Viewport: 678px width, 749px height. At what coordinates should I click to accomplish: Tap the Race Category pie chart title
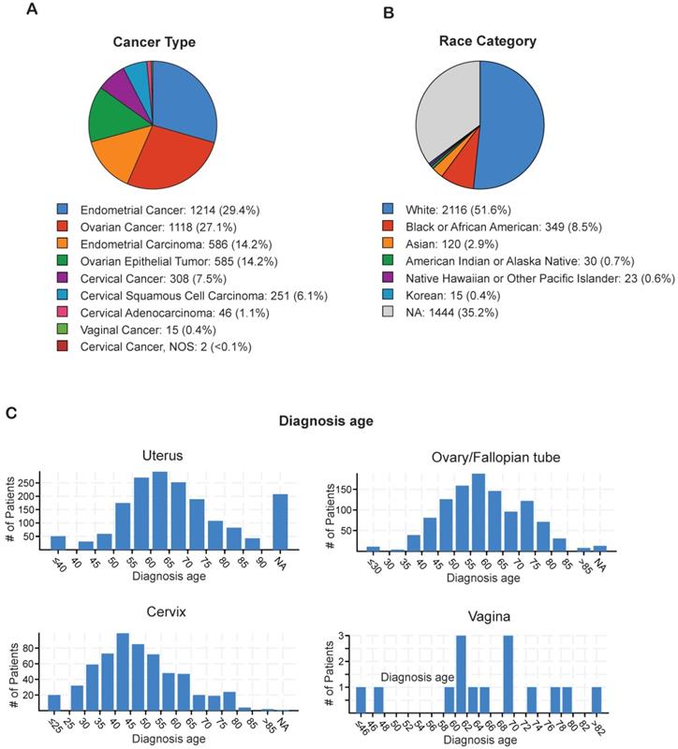[x=479, y=41]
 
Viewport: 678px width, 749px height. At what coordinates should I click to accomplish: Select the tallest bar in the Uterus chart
[x=159, y=514]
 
